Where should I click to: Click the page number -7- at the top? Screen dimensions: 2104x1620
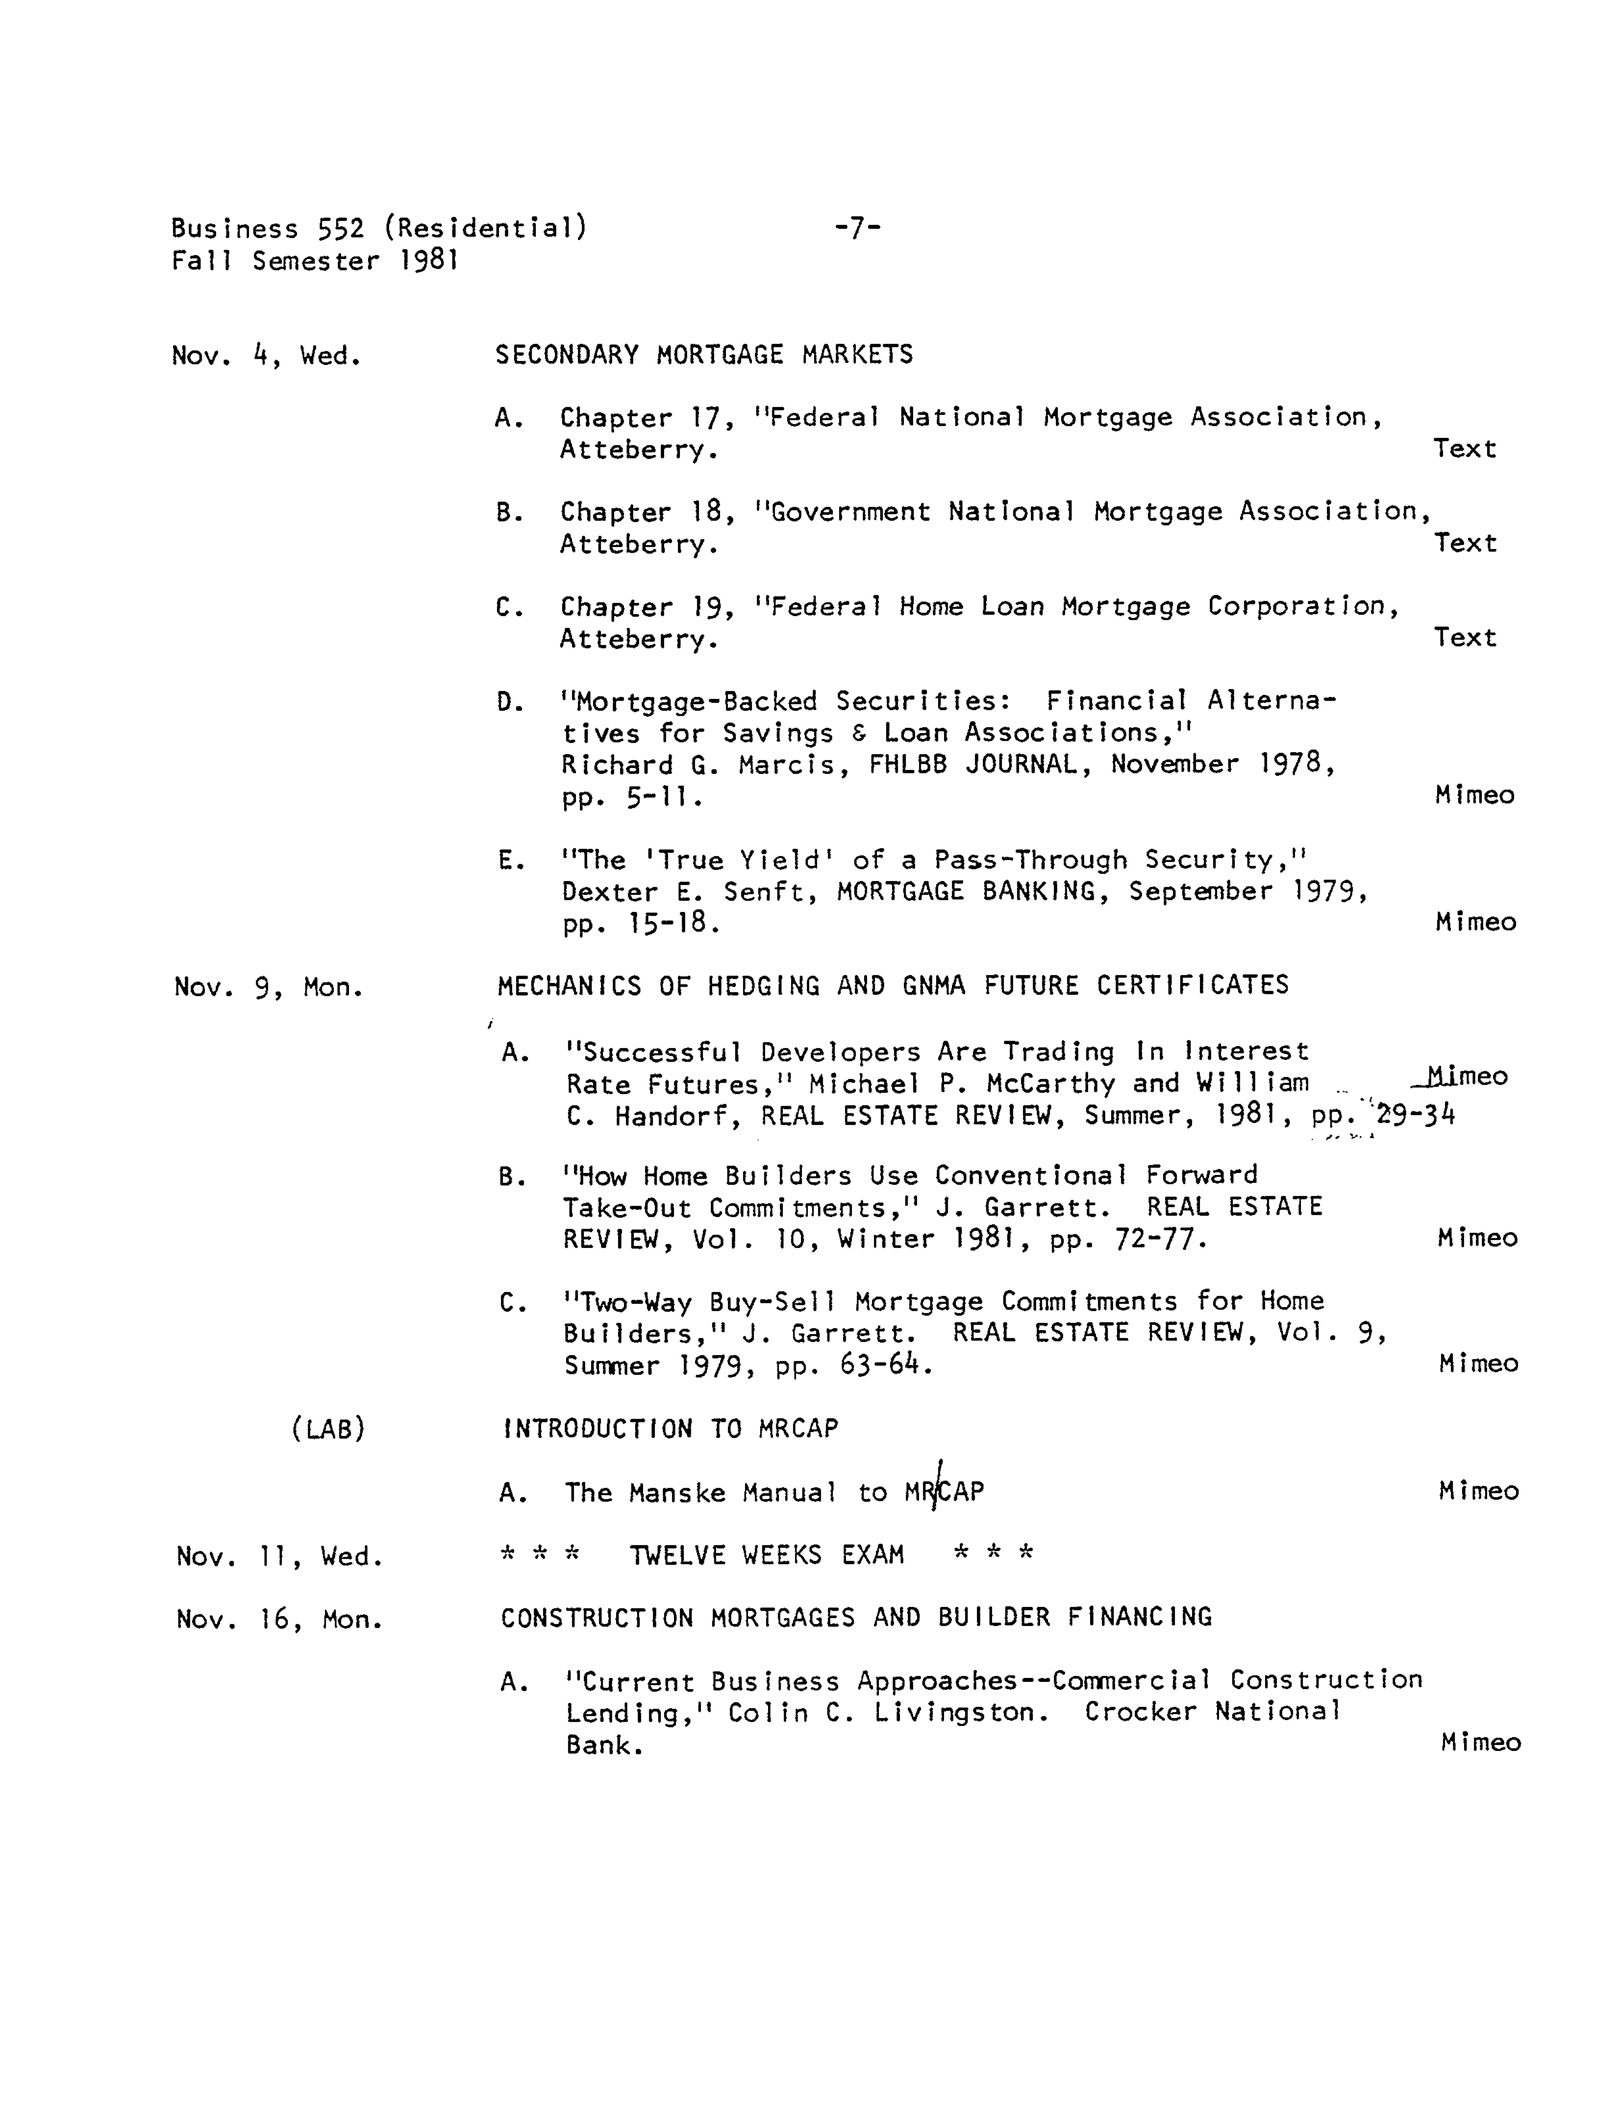(857, 228)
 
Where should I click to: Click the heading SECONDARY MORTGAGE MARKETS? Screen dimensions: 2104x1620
(704, 354)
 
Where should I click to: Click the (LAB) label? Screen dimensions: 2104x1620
(328, 1429)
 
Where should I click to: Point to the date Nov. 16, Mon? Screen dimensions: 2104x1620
(280, 1619)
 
